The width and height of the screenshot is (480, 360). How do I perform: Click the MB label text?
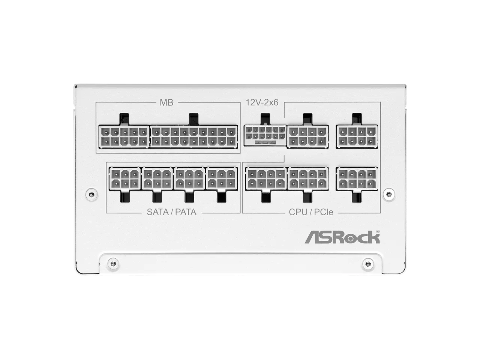[x=166, y=102]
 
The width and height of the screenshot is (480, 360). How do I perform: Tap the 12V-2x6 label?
[x=262, y=102]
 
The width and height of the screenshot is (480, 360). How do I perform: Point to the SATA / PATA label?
[x=171, y=212]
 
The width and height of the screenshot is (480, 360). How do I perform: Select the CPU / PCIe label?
[x=311, y=212]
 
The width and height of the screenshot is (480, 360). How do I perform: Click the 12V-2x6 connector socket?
[x=265, y=135]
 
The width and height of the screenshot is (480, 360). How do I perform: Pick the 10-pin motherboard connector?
[x=124, y=137]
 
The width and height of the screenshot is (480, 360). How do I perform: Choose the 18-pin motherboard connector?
[x=193, y=137]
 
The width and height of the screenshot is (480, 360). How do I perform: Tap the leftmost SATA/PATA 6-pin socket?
[x=125, y=178]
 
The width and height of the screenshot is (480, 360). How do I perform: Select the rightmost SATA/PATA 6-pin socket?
[x=222, y=178]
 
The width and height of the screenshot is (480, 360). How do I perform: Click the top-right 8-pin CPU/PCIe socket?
[x=357, y=137]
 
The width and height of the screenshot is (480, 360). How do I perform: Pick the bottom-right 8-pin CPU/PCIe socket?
[x=357, y=178]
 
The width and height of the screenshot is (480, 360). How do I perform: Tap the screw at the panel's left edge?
[x=91, y=194]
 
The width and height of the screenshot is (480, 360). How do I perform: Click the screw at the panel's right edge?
[x=388, y=194]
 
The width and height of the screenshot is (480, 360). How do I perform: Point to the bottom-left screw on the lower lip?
[x=114, y=264]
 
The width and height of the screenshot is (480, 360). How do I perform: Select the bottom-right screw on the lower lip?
[x=368, y=264]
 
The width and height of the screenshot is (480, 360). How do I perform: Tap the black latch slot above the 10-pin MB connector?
[x=124, y=119]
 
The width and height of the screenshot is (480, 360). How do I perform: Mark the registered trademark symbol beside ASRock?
[x=378, y=232]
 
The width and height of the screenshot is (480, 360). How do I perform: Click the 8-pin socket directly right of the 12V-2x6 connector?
[x=307, y=137]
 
